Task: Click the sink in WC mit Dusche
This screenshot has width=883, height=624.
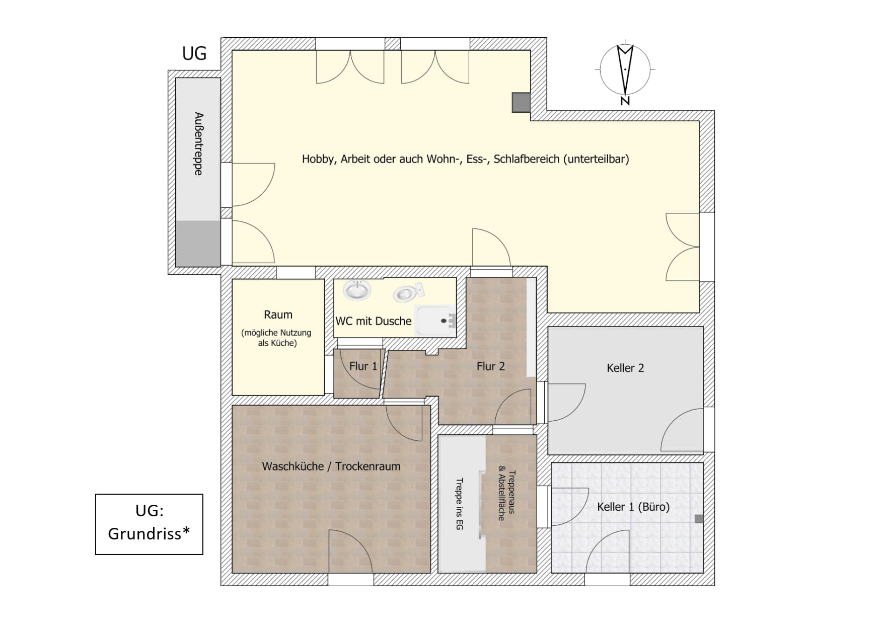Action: [357, 290]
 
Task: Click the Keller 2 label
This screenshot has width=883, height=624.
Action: [625, 368]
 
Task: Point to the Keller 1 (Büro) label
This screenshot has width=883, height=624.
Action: [633, 507]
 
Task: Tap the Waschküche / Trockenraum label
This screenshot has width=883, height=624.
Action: [331, 466]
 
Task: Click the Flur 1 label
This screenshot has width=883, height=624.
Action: [363, 366]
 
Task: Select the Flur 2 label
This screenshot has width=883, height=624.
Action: [490, 366]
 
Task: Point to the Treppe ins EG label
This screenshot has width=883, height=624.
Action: [459, 504]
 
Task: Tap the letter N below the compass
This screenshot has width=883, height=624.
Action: [625, 101]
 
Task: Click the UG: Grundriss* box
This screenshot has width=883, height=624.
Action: [149, 524]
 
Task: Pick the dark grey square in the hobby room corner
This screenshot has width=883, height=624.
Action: [521, 102]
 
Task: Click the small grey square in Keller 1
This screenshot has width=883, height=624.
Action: [699, 519]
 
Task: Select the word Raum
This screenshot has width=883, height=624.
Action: [278, 315]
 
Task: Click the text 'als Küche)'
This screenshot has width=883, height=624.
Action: [277, 343]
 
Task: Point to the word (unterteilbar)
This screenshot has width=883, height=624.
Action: [596, 159]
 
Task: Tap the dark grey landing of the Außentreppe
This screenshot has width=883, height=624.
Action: [198, 243]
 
